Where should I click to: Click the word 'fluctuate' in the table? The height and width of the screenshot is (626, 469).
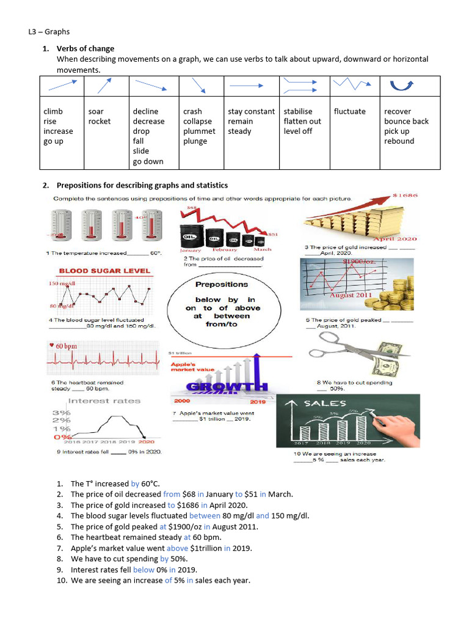[349, 111]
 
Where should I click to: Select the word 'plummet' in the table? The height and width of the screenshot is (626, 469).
[199, 131]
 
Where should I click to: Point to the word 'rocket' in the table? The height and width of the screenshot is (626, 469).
[100, 121]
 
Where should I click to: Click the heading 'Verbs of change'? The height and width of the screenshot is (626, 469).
[85, 48]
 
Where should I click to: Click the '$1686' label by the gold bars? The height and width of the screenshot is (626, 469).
[405, 196]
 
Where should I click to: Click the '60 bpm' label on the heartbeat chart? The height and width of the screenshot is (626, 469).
[67, 346]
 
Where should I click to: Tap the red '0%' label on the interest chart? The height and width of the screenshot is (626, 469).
[62, 437]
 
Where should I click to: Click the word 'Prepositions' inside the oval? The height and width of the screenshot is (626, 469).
[222, 284]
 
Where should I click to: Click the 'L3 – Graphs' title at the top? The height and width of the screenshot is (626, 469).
[49, 32]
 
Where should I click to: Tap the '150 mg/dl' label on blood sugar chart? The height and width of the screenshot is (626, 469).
[61, 284]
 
